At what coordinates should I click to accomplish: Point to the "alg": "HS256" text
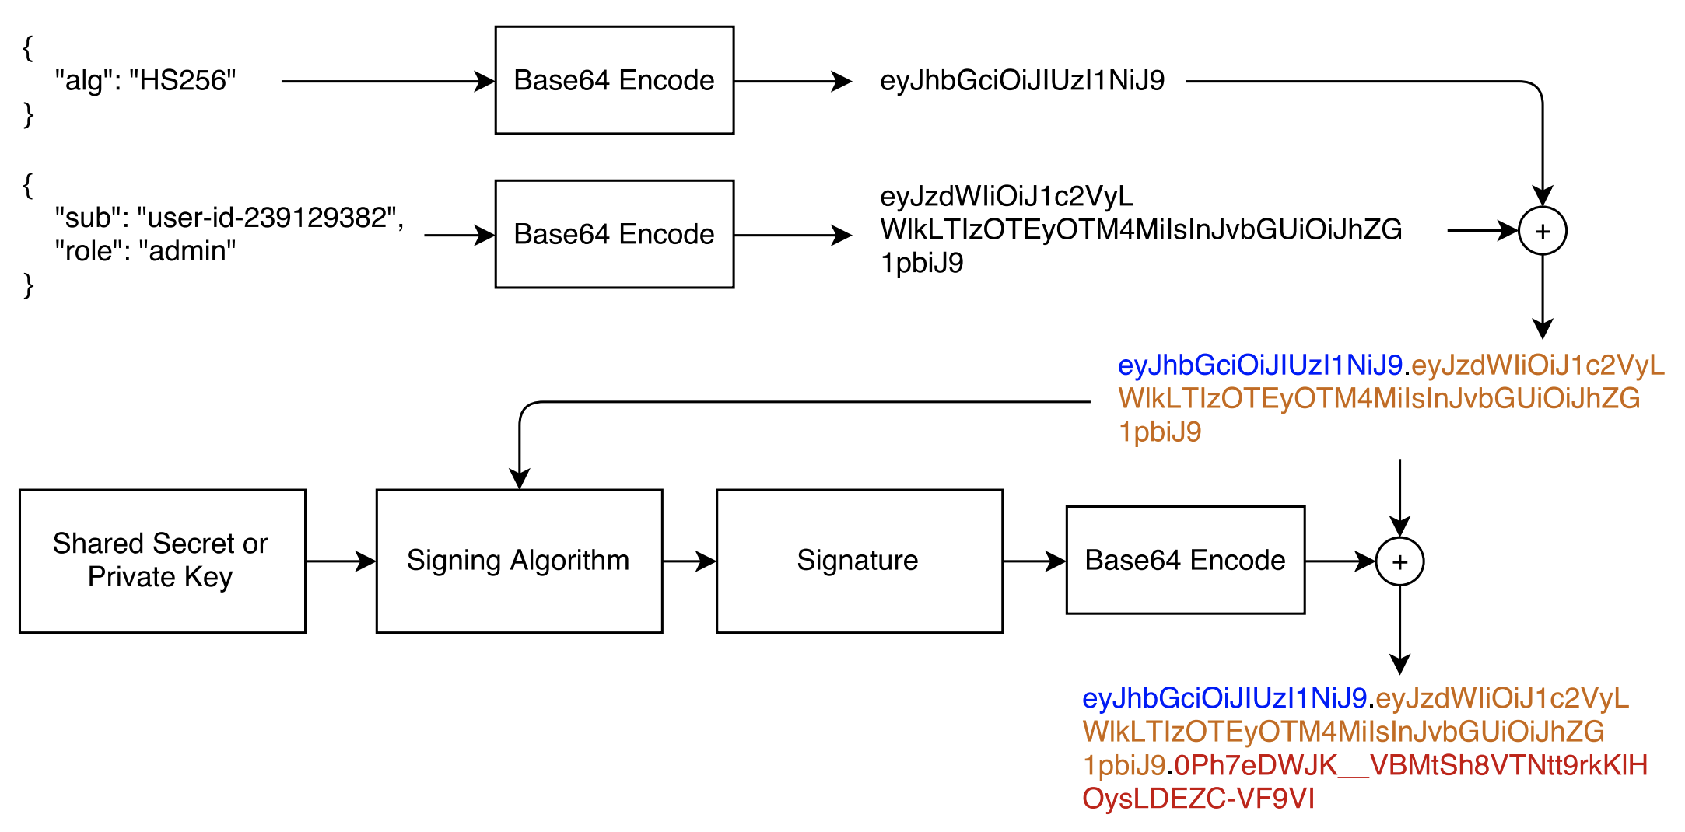coord(145,80)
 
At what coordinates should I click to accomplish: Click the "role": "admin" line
coord(145,251)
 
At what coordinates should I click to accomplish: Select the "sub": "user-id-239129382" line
coord(229,218)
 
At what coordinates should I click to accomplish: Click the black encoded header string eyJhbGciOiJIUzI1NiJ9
coord(1022,80)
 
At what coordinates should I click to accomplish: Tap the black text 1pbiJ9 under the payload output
coord(922,264)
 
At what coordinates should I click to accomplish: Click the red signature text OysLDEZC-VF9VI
coord(1198,799)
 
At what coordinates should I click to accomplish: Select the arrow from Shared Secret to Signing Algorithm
coord(341,561)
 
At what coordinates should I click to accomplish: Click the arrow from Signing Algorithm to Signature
coord(689,561)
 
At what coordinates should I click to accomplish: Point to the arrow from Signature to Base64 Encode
coord(1035,561)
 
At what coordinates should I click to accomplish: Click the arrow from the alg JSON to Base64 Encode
coord(388,81)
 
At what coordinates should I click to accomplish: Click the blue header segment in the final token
coord(1224,698)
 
